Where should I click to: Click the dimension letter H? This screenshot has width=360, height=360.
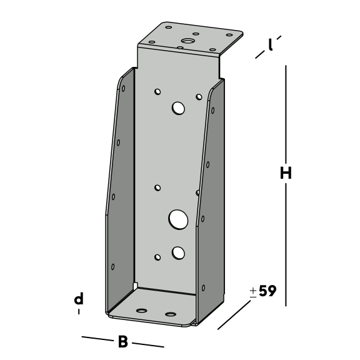(286, 172)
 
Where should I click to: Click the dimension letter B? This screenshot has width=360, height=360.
(123, 342)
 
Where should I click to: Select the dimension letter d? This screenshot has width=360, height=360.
(79, 299)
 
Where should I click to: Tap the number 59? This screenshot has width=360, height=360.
(267, 291)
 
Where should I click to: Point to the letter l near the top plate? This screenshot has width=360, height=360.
(271, 44)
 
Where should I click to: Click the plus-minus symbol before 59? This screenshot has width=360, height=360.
(253, 292)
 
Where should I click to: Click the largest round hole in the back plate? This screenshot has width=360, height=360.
(178, 219)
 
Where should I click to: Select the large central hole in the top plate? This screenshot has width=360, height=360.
(187, 41)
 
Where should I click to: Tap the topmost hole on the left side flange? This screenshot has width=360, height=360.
(123, 88)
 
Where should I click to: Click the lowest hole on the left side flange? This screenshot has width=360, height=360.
(113, 267)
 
